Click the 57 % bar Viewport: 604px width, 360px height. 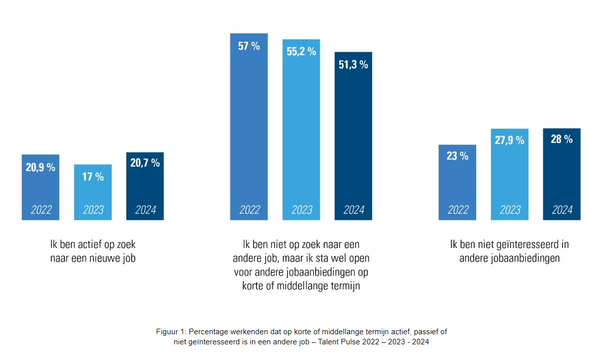point(249,126)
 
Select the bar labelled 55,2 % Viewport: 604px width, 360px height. point(301,129)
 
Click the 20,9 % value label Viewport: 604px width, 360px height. point(40,167)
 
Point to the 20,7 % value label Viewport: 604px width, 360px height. point(145,163)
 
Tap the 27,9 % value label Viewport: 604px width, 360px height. point(510,140)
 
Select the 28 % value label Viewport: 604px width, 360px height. point(562,139)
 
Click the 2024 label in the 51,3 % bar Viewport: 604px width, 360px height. point(354,210)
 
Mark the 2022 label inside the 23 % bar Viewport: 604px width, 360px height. point(458,210)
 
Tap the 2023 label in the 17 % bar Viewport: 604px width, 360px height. point(93,210)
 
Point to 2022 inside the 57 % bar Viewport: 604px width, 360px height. point(249,210)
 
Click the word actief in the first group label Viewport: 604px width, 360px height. point(91,245)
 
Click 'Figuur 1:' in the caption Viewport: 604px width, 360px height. point(171,332)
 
